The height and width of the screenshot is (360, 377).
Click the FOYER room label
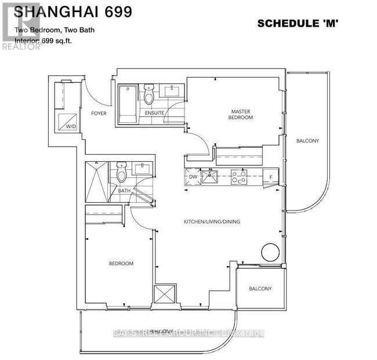click(x=99, y=114)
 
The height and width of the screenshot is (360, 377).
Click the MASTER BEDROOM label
click(x=242, y=114)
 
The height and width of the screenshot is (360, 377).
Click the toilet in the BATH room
click(x=122, y=172)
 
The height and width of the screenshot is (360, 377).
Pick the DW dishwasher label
click(x=193, y=177)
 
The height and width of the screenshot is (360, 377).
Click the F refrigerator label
click(x=270, y=177)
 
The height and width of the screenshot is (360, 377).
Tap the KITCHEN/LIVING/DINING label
click(x=212, y=221)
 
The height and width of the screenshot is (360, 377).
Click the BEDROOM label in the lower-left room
click(x=121, y=264)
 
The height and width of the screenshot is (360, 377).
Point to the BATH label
click(x=124, y=190)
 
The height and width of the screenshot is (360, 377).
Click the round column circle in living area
click(x=270, y=252)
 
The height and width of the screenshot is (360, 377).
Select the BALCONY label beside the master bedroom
click(x=307, y=141)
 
